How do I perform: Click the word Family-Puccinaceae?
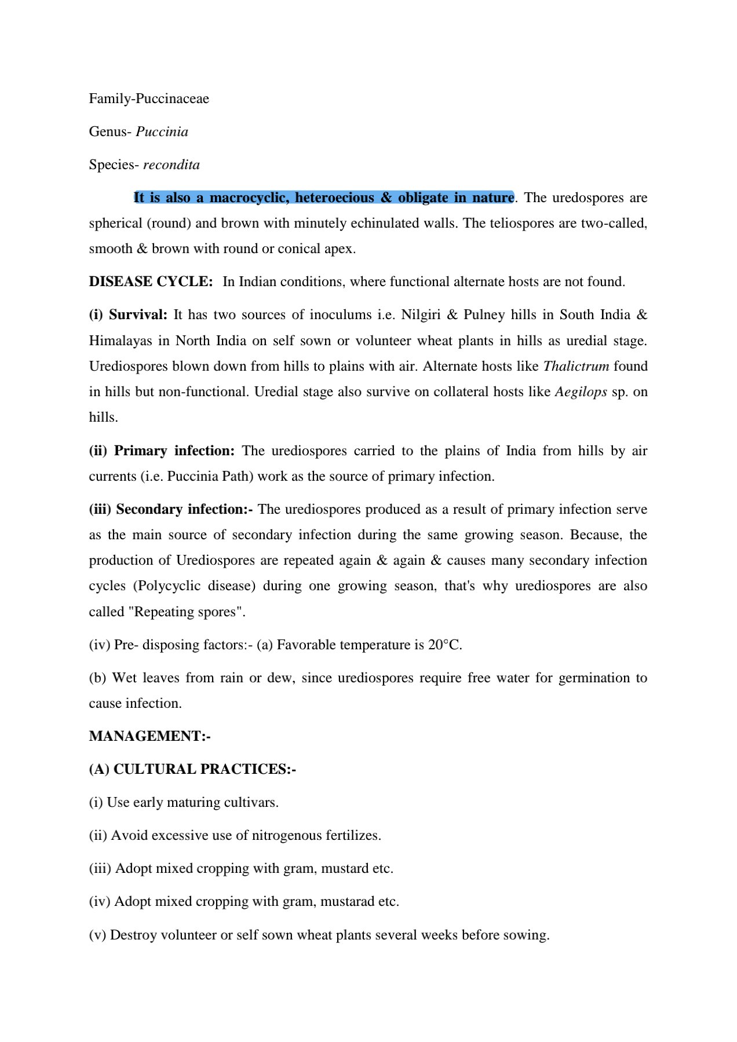point(149,98)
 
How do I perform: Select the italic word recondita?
point(172,164)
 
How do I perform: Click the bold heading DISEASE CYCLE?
point(151,281)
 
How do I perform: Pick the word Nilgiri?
point(421,315)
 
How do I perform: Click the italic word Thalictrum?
point(576,366)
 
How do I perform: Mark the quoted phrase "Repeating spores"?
point(189,612)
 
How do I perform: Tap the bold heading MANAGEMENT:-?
point(149,736)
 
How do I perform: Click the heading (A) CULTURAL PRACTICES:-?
point(192,769)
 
